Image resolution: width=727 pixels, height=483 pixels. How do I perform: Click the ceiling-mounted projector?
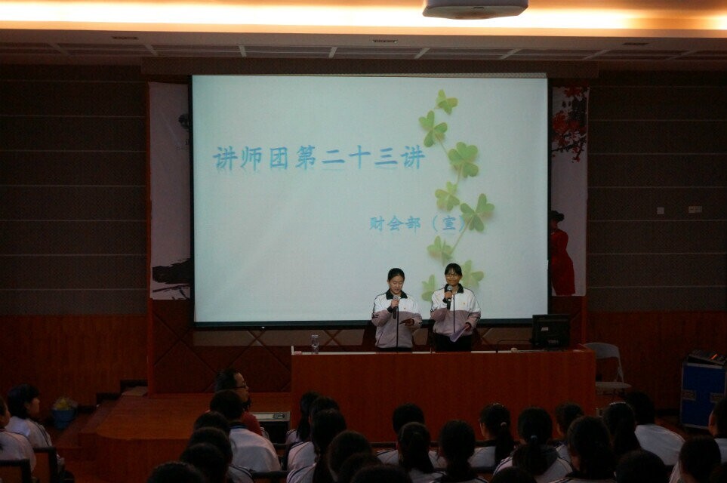tap(476, 8)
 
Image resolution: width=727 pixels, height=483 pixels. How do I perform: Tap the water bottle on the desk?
tap(315, 344)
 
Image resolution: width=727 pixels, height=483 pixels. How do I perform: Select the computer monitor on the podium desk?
tap(551, 331)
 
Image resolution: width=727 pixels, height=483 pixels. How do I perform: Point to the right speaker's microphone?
tap(449, 297)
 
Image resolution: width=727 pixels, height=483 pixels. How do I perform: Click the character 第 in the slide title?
tap(306, 158)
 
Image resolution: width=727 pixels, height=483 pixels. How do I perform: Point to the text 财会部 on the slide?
tap(395, 224)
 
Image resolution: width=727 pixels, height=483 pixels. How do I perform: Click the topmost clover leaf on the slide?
tap(446, 102)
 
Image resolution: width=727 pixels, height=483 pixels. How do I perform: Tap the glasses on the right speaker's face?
tap(452, 275)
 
